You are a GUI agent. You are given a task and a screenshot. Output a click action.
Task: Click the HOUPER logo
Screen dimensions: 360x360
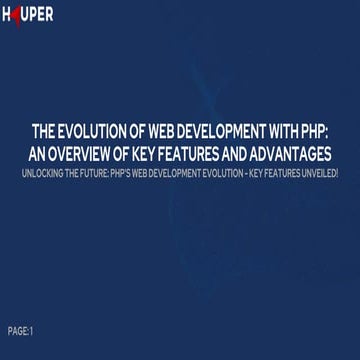pyautogui.click(x=28, y=15)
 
